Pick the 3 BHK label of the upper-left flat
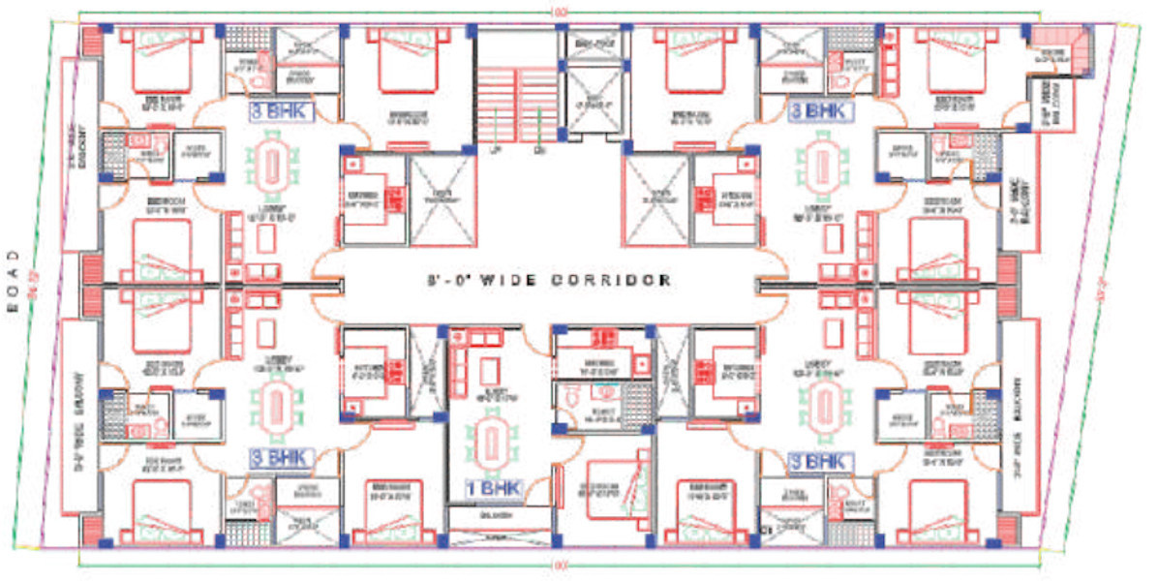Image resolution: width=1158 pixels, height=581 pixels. point(280,112)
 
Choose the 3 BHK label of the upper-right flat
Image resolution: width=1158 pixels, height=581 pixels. point(820,112)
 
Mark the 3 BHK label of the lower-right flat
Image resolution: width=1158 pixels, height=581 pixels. point(821,462)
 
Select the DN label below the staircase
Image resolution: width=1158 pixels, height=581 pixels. point(539,150)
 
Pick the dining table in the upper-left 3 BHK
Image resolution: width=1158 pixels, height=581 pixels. point(268,168)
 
